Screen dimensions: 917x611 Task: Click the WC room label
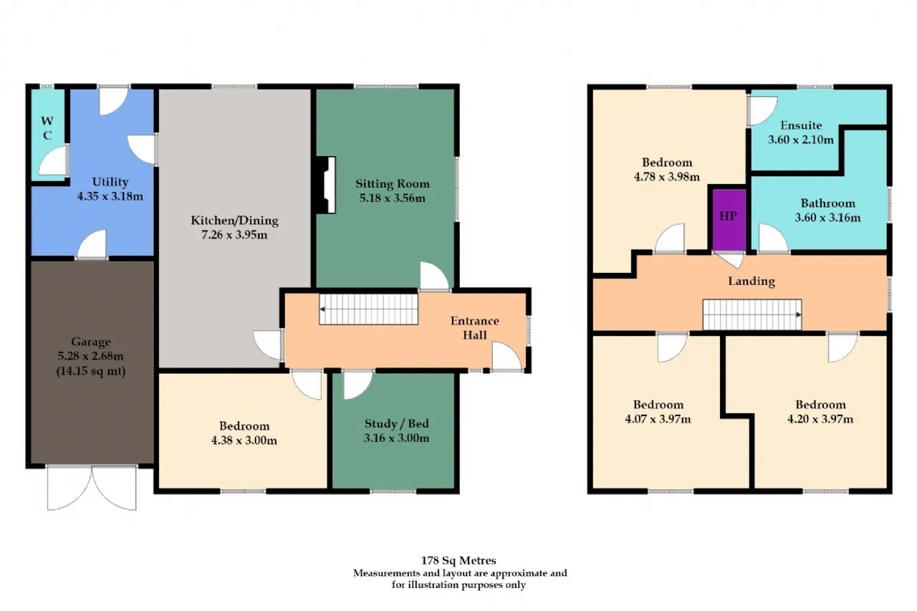pos(47,128)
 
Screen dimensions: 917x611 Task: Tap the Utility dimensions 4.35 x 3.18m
pos(110,196)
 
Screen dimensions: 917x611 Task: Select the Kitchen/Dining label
pos(234,221)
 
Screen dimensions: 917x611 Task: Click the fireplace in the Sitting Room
pos(326,185)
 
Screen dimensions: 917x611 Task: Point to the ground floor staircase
pos(368,309)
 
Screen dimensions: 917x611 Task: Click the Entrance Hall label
pos(475,328)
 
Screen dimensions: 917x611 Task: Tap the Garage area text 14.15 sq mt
pos(91,371)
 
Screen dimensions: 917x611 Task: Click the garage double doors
pos(92,488)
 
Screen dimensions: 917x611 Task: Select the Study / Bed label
pos(397,423)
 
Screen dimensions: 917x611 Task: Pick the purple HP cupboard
pos(729,219)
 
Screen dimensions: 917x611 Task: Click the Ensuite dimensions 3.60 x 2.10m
pos(801,140)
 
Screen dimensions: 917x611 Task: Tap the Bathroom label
pos(827,203)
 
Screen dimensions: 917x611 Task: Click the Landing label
pos(752,282)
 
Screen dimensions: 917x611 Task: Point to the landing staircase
pos(752,314)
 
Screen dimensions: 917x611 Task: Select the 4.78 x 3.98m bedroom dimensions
pos(667,177)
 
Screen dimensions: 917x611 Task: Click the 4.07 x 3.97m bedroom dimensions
pos(658,419)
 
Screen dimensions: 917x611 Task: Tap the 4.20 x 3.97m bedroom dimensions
pos(820,419)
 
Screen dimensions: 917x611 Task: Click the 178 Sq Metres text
pos(458,560)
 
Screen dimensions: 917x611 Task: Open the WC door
pos(53,161)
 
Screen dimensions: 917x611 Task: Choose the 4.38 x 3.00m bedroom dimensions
pos(244,441)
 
